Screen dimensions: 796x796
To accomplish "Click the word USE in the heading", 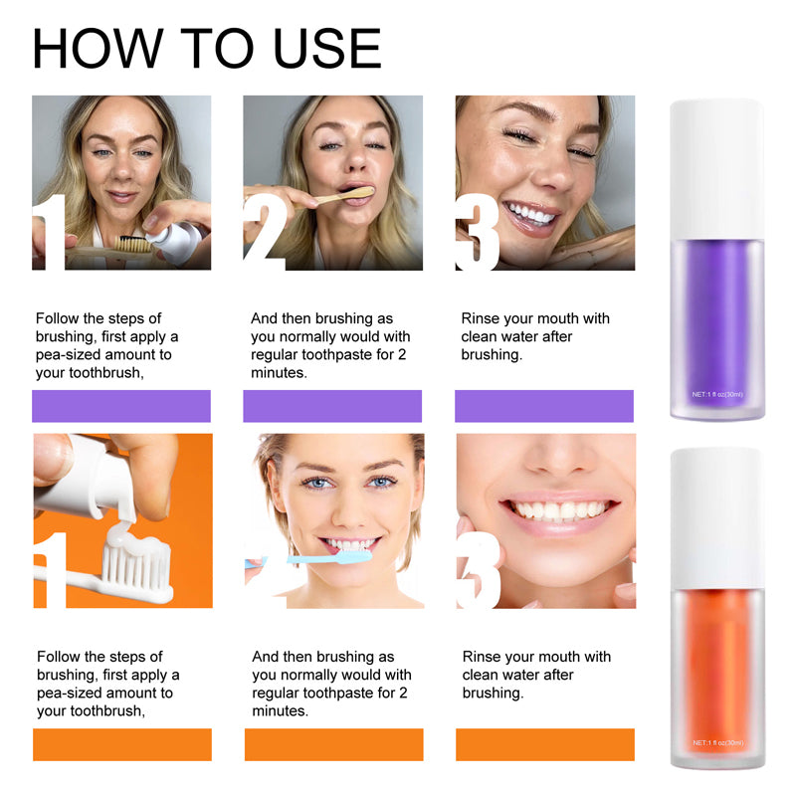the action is tap(327, 48).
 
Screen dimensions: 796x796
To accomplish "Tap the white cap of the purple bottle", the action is tap(716, 169).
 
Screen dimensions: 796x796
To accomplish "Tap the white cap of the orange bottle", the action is tap(716, 518).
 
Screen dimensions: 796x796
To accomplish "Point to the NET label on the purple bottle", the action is tap(717, 394).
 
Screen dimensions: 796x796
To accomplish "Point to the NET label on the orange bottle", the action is tap(717, 742).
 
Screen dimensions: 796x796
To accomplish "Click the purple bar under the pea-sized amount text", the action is tap(121, 406).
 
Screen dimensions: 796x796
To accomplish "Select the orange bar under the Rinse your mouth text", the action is tap(545, 744).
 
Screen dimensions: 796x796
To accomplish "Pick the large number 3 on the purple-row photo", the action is tap(478, 233).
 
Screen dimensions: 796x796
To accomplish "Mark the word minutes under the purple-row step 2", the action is tap(279, 372).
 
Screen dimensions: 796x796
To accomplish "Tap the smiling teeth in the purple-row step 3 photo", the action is tap(530, 214).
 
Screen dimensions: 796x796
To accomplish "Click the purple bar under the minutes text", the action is tap(332, 406).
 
